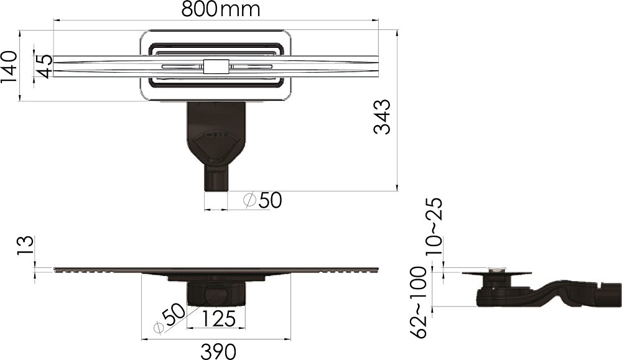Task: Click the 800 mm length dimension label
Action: click(x=221, y=9)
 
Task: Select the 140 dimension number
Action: click(x=9, y=67)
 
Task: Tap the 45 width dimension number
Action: click(x=44, y=66)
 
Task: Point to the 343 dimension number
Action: click(x=383, y=117)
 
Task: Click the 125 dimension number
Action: click(x=219, y=319)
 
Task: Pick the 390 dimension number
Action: click(x=218, y=352)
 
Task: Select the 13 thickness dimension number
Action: click(x=25, y=246)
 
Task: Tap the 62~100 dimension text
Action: click(x=418, y=302)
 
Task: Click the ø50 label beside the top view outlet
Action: click(x=262, y=200)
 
